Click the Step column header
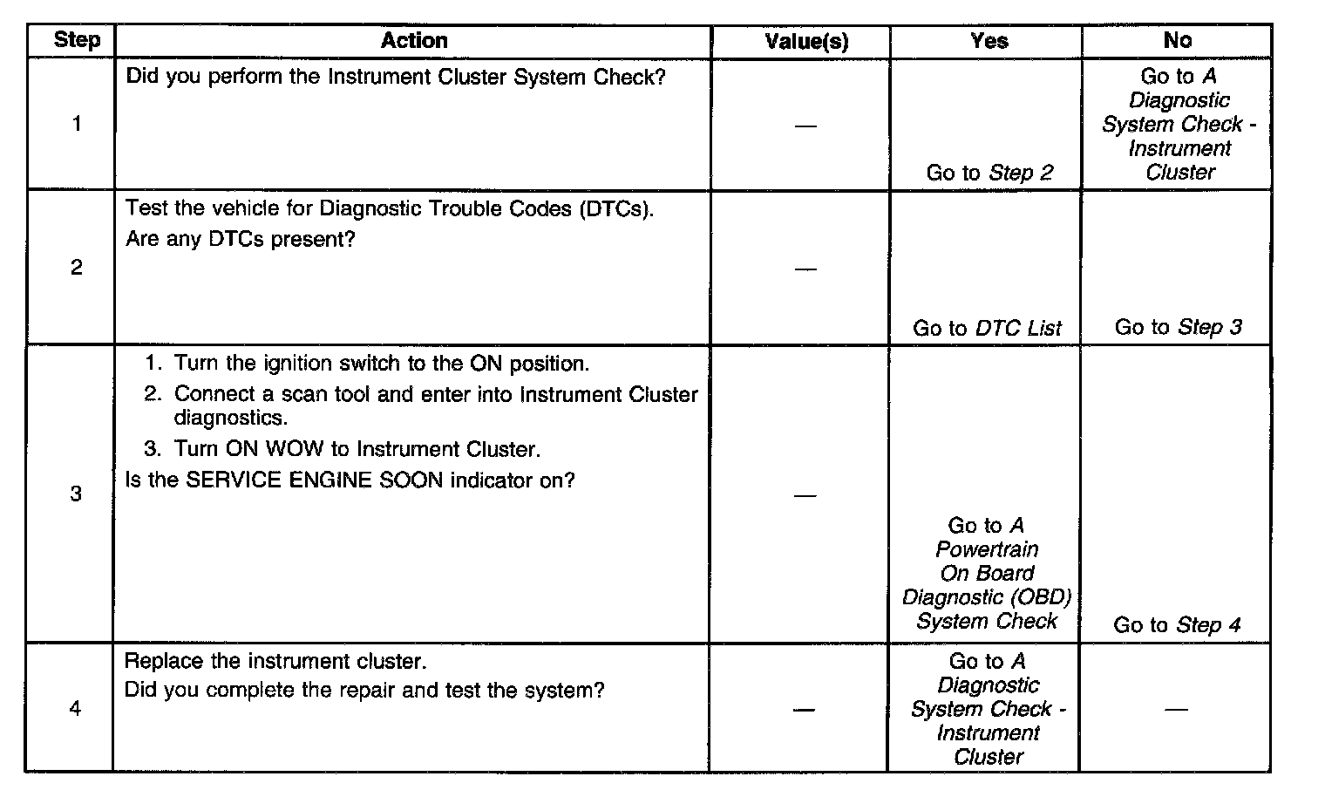coord(77,40)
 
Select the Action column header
coord(414,40)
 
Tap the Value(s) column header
coord(806,41)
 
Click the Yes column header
coord(989,40)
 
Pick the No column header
coord(1177,40)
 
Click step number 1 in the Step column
coord(77,124)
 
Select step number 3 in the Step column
coord(76,494)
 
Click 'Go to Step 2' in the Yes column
coord(989,173)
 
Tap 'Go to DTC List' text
coord(987,328)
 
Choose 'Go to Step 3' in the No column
coord(1178,327)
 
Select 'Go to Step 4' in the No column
coord(1177,625)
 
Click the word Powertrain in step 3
coord(987,549)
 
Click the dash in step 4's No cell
coord(1176,709)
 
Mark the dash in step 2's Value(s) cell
coord(805,269)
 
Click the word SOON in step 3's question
coord(411,480)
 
